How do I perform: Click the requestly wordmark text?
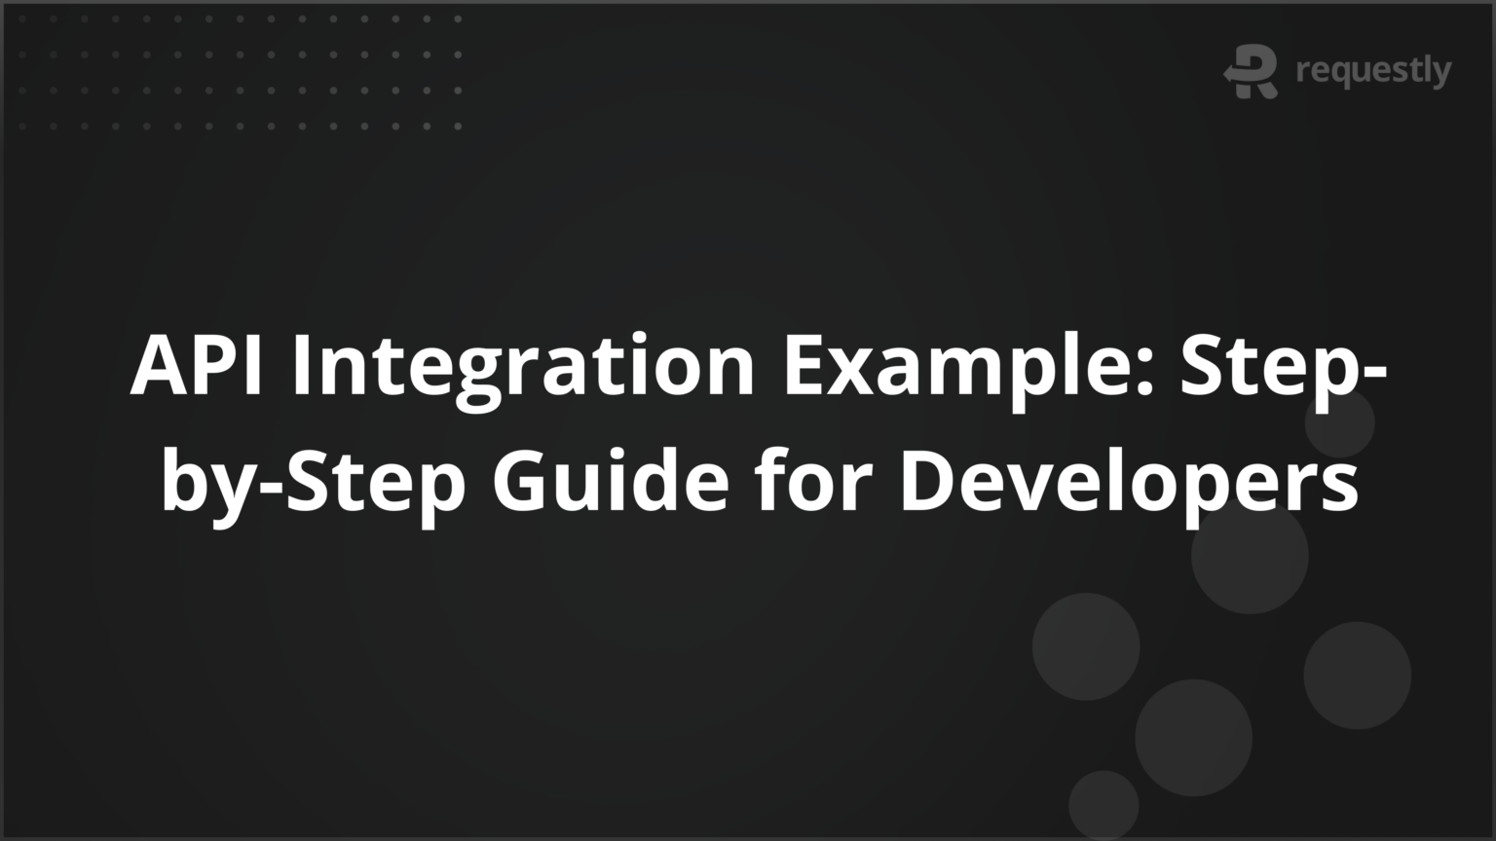pos(1373,71)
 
